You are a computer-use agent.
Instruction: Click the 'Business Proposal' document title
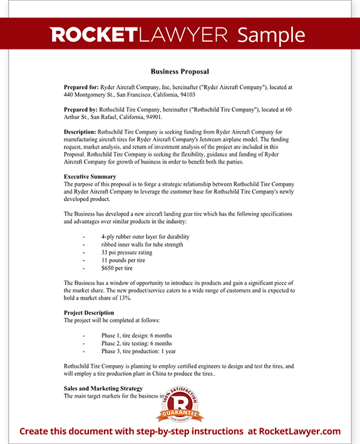click(180, 71)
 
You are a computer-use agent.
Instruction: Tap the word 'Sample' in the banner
click(272, 34)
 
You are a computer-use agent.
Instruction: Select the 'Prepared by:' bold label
click(80, 110)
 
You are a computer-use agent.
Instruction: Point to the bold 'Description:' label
click(80, 132)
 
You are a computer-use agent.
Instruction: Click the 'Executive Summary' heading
click(90, 177)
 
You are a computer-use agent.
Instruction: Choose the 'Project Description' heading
click(89, 312)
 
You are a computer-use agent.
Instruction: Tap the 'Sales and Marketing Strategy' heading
click(103, 389)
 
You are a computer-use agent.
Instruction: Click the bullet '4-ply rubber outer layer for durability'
click(145, 237)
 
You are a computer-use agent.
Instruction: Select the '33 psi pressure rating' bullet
click(126, 252)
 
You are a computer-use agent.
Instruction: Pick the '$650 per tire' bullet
click(116, 268)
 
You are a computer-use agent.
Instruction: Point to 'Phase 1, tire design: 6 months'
click(136, 336)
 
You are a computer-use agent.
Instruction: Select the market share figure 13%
click(125, 298)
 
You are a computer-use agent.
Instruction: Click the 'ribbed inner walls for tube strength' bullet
click(143, 245)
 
